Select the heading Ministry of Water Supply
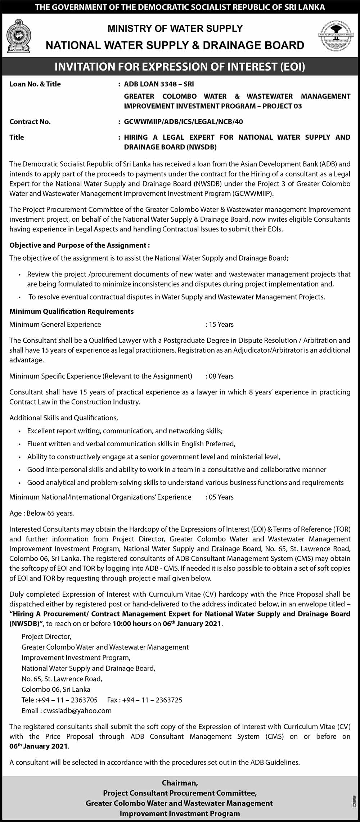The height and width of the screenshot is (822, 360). click(x=175, y=28)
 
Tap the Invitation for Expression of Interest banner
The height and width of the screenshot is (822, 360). click(x=180, y=67)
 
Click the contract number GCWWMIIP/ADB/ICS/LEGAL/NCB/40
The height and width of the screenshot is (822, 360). click(x=183, y=122)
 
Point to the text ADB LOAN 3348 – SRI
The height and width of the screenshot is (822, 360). click(x=159, y=84)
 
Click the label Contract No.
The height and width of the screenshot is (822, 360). click(x=30, y=122)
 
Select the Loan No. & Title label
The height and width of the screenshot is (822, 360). click(x=35, y=84)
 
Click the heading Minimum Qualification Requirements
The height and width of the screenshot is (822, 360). click(x=71, y=311)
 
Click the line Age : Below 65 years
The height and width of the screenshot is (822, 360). click(x=42, y=513)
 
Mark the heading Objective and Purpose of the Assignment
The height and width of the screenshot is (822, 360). click(x=79, y=245)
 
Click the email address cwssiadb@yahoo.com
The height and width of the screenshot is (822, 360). click(x=77, y=710)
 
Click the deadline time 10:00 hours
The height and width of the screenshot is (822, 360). click(x=132, y=624)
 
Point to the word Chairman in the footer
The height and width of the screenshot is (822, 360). click(x=180, y=783)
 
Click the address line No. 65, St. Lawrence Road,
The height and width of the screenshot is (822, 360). click(x=62, y=679)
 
